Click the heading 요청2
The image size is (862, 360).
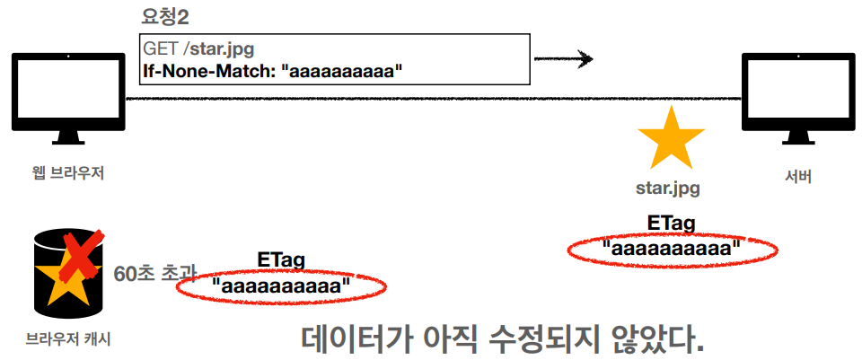(x=170, y=16)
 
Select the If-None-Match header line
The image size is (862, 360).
(x=268, y=71)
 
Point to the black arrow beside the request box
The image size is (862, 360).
(x=563, y=60)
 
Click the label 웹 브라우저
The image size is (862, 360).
(x=68, y=171)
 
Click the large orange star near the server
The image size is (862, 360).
(x=670, y=139)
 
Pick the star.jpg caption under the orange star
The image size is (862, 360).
(x=668, y=189)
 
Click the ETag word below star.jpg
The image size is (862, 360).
(x=671, y=223)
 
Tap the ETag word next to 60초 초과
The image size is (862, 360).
(x=280, y=260)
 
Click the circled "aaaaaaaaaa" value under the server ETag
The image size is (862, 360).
(x=672, y=248)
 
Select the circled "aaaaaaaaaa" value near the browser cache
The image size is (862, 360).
(x=281, y=286)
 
